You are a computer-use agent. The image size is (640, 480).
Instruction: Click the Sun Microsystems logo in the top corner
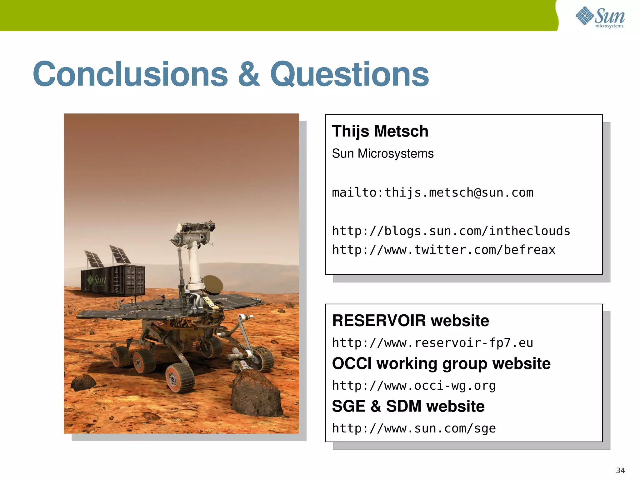pos(600,17)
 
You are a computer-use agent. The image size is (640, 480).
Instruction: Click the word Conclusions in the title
pos(131,74)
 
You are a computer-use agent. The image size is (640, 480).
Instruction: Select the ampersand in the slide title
pos(249,74)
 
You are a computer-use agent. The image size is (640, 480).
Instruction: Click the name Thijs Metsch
pos(380,131)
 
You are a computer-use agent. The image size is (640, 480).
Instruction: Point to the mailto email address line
pos(432,192)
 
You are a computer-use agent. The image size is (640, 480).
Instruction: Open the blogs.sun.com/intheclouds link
pos(451,231)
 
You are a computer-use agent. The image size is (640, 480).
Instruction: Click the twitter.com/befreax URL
pos(444,250)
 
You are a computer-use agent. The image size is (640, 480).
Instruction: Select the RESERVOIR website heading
pos(410,321)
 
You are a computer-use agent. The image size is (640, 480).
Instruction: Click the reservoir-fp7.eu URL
pos(432,343)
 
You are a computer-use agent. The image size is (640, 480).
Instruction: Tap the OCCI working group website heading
pos(441,363)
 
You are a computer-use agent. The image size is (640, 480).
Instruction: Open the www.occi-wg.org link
pos(414,386)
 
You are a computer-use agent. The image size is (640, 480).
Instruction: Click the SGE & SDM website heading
pos(408,406)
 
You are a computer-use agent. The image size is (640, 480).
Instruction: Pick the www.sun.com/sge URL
pos(414,428)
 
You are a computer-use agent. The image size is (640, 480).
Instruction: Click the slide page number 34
pos(620,470)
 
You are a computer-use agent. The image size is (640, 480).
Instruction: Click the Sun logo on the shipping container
pos(97,280)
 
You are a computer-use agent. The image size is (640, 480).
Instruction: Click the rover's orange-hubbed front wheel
pos(180,378)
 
